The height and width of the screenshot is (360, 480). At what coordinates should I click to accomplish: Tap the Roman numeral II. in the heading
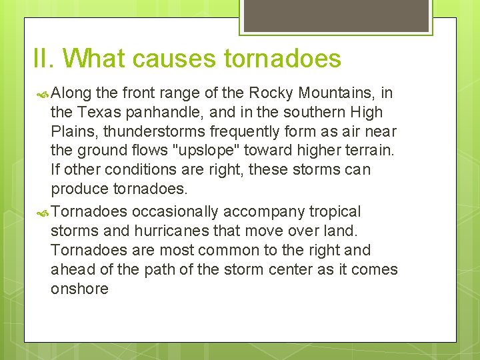45,59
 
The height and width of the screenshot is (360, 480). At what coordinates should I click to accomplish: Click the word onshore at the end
79,289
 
